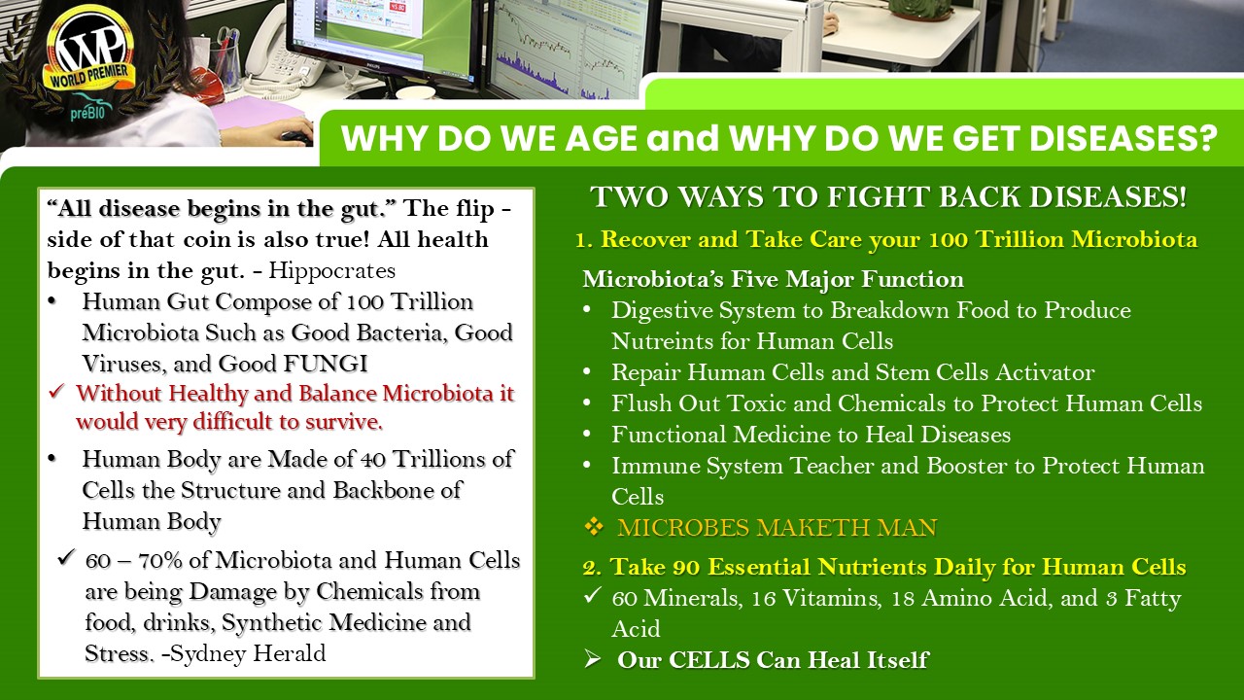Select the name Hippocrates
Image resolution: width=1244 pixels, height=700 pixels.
332,270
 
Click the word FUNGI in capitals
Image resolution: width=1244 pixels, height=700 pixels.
326,364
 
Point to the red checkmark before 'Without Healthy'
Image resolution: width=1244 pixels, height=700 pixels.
56,392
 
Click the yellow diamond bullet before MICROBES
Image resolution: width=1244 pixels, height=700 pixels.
594,527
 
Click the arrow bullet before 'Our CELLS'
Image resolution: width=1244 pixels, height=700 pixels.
593,659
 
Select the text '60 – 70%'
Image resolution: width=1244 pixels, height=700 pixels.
134,561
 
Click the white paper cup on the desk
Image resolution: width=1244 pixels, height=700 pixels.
415,92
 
